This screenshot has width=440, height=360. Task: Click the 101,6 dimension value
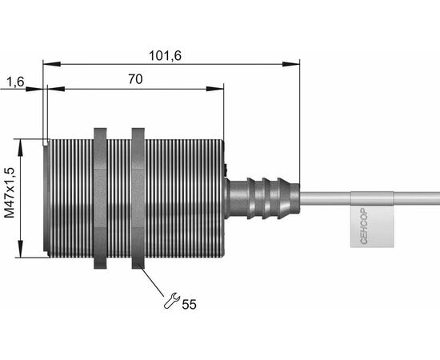click(165, 56)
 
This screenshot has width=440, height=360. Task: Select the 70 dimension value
click(135, 79)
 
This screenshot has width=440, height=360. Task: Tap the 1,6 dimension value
click(15, 82)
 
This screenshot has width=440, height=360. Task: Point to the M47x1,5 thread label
click(10, 193)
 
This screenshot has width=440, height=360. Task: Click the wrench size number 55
click(189, 304)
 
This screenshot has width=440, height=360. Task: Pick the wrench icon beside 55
click(171, 300)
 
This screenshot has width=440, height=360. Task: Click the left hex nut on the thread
click(100, 198)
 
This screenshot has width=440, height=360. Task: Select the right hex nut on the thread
click(138, 198)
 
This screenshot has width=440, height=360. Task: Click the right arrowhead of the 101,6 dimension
click(291, 64)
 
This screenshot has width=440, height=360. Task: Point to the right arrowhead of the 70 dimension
click(215, 89)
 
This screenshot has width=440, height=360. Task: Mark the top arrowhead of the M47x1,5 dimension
click(20, 147)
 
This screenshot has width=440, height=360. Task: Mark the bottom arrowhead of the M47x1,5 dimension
click(20, 248)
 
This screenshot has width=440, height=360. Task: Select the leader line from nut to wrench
click(154, 282)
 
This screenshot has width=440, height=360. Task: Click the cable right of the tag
click(417, 198)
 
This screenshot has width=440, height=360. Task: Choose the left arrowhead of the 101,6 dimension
click(52, 64)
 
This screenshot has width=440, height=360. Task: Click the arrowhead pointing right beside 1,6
click(34, 89)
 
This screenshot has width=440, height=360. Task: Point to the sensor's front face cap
click(47, 198)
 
